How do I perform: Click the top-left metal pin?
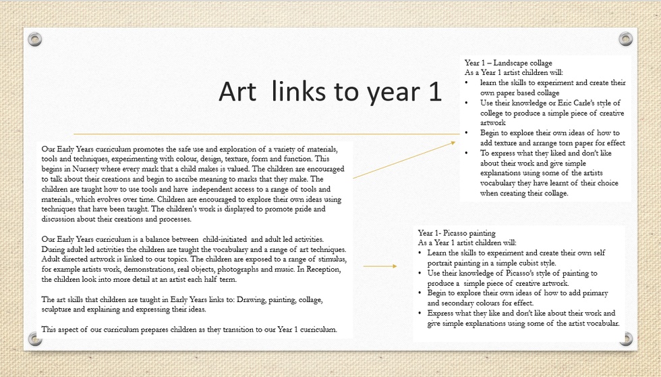click(35, 39)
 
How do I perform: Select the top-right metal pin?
click(625, 39)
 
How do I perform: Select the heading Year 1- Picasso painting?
click(457, 233)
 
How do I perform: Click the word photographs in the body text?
click(256, 269)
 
